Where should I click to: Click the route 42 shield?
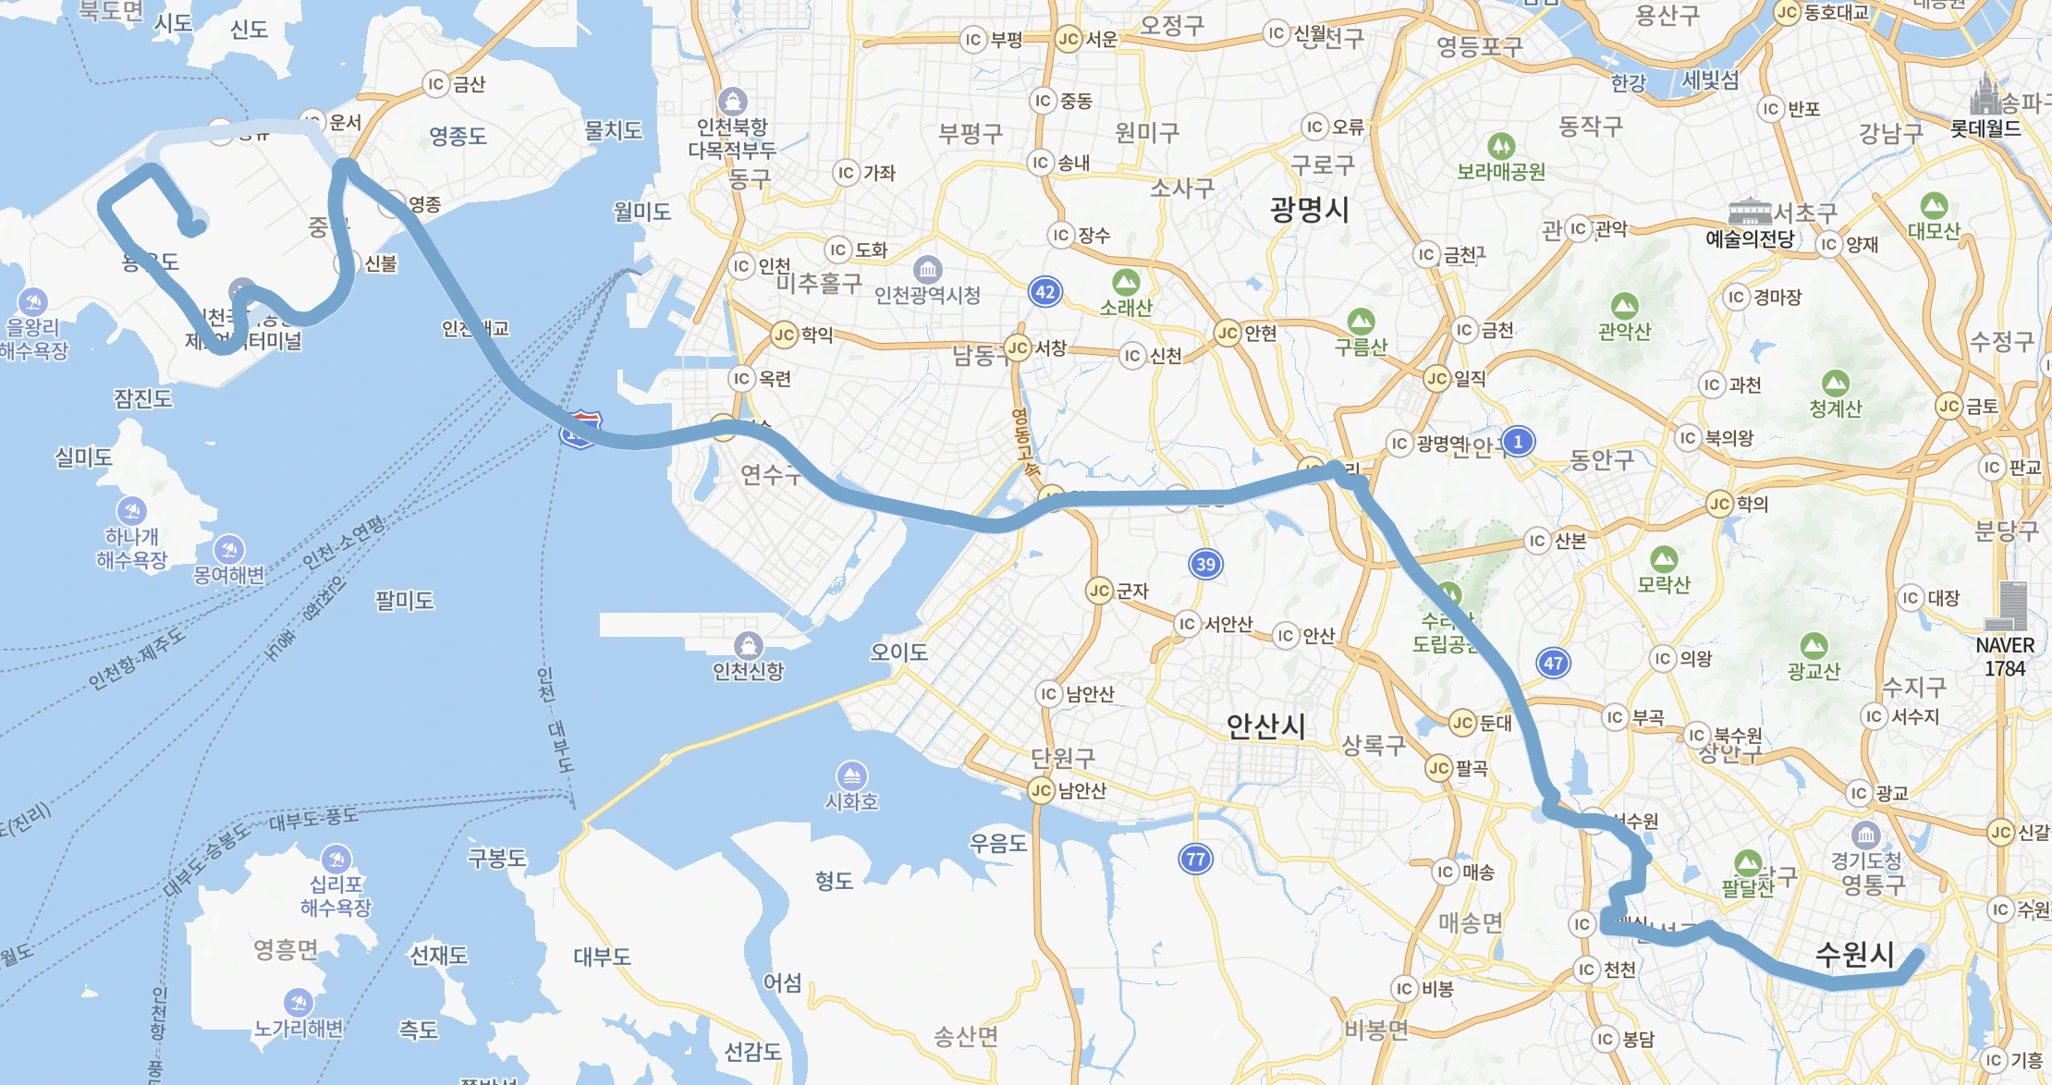point(1044,292)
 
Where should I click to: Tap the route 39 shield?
point(1205,564)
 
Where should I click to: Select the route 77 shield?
point(1195,859)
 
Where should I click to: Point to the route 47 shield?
point(1553,663)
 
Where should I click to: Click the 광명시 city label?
point(1309,210)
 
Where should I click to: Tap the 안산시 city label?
point(1265,726)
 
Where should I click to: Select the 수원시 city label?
point(1854,954)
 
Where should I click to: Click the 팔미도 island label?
point(404,601)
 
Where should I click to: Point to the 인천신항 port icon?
point(748,645)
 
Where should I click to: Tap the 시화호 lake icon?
point(851,775)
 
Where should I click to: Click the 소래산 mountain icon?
point(1125,282)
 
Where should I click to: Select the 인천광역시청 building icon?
point(927,270)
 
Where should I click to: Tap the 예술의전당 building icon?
point(1749,212)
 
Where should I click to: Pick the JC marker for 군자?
point(1099,591)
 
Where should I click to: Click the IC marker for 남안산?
point(1048,694)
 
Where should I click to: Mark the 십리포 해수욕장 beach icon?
point(336,859)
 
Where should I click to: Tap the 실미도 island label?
point(83,457)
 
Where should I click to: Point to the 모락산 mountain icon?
point(1663,559)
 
